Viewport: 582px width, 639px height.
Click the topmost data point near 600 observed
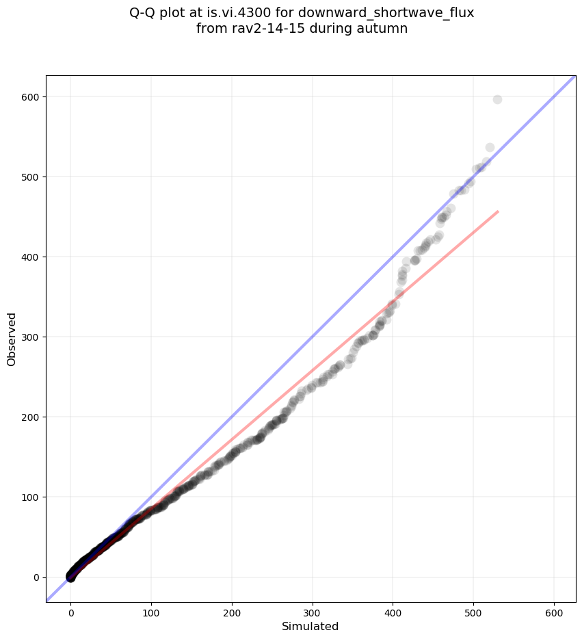pyautogui.click(x=497, y=99)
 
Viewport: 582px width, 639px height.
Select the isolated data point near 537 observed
pyautogui.click(x=490, y=147)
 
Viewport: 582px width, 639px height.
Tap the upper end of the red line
pyautogui.click(x=497, y=211)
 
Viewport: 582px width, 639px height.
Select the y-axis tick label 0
pyautogui.click(x=36, y=577)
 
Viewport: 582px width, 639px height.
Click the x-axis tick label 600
pyautogui.click(x=554, y=612)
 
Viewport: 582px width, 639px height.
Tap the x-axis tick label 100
pyautogui.click(x=151, y=612)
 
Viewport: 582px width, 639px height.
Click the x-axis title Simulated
pyautogui.click(x=310, y=626)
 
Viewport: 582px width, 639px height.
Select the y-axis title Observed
pyautogui.click(x=12, y=339)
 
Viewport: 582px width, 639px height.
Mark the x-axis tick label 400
pyautogui.click(x=393, y=612)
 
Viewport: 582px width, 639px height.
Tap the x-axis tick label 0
pyautogui.click(x=70, y=612)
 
